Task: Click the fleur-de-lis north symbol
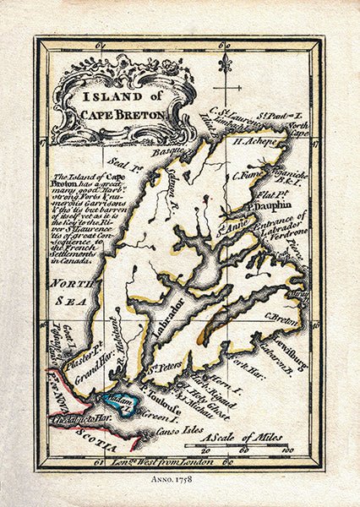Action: coord(225,63)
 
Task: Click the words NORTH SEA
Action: coord(69,298)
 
